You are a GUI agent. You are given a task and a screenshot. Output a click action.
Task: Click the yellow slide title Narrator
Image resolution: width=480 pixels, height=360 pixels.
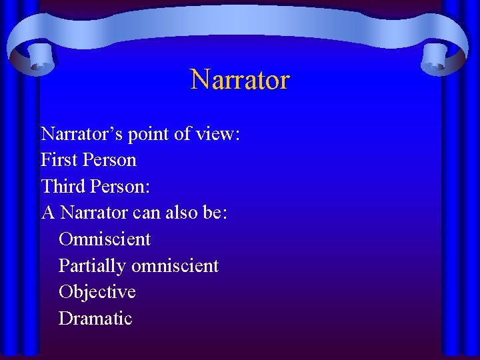(x=240, y=79)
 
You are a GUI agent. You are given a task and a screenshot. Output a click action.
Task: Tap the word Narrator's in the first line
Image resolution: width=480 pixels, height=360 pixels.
(x=80, y=134)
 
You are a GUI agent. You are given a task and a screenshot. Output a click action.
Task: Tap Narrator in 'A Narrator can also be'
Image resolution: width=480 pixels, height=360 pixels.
(x=94, y=213)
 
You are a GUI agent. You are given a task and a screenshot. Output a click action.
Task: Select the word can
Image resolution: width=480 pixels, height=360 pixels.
(x=146, y=213)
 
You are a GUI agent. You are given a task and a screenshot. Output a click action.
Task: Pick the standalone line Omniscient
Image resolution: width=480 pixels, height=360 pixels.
(x=105, y=239)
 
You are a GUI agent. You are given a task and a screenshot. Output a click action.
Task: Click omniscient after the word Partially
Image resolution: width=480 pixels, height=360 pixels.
(x=175, y=265)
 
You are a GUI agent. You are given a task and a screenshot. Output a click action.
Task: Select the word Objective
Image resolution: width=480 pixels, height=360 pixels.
(x=97, y=293)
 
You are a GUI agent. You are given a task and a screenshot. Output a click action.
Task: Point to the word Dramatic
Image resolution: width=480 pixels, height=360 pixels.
(x=95, y=319)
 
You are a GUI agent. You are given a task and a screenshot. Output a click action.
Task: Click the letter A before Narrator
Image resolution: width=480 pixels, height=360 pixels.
(x=47, y=213)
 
